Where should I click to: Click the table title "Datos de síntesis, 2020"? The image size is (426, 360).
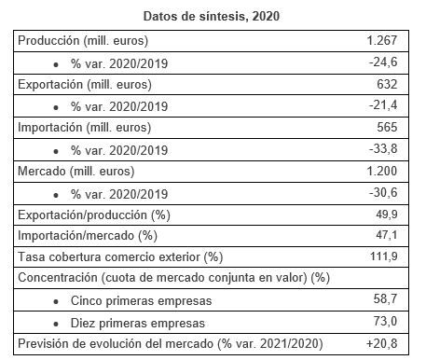coord(212,16)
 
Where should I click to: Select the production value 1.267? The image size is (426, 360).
coord(382,40)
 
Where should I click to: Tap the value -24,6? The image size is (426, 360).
coord(383,62)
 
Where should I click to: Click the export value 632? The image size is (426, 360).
coord(387,84)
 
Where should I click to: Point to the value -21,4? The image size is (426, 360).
coord(383,105)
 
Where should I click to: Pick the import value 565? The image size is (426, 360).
coord(387,127)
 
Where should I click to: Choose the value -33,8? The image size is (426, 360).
coord(383,148)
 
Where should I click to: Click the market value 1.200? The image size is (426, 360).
coord(382,171)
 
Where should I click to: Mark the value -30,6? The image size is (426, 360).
coord(383,192)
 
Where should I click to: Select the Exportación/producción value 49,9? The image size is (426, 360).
coord(387,215)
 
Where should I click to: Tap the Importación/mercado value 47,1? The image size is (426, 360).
coord(387,235)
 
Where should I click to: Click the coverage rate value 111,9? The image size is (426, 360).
coord(384,256)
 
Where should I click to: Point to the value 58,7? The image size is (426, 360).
coord(385,298)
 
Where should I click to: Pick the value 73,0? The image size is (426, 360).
coord(385,321)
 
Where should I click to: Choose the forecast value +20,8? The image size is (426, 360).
coord(381,343)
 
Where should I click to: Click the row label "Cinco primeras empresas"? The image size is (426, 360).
coord(141,300)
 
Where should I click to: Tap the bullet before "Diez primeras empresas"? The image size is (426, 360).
coord(56,325)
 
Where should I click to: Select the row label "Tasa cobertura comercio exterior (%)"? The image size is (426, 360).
coord(120,257)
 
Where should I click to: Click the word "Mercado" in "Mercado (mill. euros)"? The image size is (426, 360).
coord(42,171)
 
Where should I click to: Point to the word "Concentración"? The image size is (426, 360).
coord(58,277)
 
